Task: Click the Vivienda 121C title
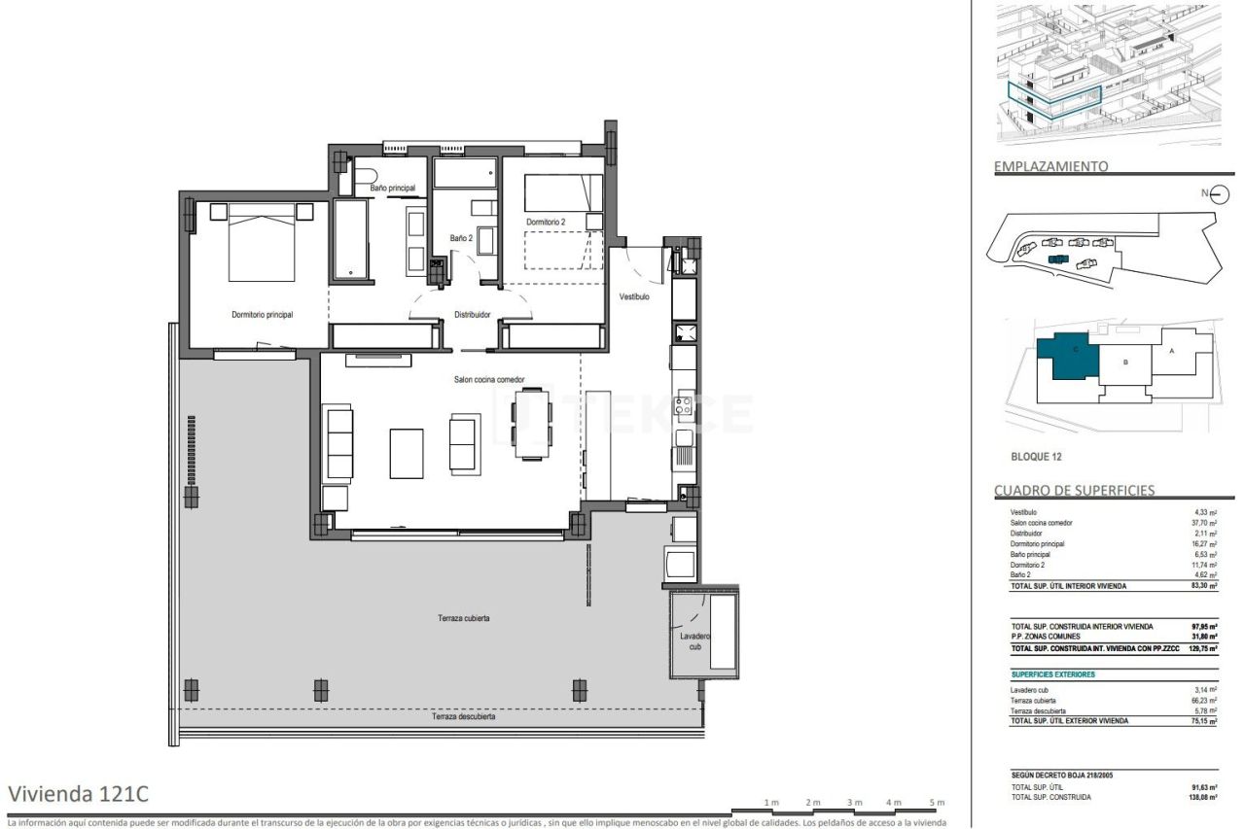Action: point(78,793)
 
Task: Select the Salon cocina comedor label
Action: point(489,380)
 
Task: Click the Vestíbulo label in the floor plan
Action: point(634,297)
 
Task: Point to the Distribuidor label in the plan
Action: point(472,315)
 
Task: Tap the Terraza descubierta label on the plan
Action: point(464,717)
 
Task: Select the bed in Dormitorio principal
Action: point(262,242)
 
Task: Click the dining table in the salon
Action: point(532,424)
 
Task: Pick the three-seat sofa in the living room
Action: point(339,444)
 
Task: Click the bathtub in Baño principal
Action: point(351,239)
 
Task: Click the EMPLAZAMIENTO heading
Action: point(1050,166)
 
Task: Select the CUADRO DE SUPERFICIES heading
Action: point(1074,490)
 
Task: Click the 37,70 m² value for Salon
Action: point(1203,523)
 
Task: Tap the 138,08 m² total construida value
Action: point(1201,797)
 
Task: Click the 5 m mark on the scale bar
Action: point(938,803)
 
